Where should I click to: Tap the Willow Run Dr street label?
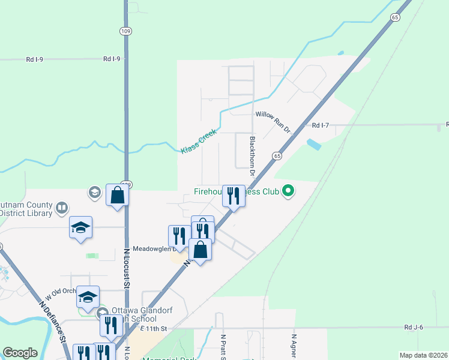[x=273, y=113]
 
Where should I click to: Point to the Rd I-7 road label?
[x=321, y=125]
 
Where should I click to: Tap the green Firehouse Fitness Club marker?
[x=289, y=191]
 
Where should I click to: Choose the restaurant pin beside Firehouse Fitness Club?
[x=234, y=196]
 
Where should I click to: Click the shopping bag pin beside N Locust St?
[x=117, y=195]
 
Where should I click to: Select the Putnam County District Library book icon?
[x=61, y=208]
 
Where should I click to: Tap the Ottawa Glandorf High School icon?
[x=101, y=312]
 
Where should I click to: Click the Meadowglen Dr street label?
[x=153, y=248]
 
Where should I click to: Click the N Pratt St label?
[x=223, y=347]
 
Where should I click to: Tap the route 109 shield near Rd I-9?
[x=126, y=30]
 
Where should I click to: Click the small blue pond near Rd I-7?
[x=313, y=145]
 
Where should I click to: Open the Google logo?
[x=20, y=353]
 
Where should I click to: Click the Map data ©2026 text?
[x=423, y=355]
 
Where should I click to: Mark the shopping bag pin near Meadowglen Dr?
[x=200, y=250]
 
